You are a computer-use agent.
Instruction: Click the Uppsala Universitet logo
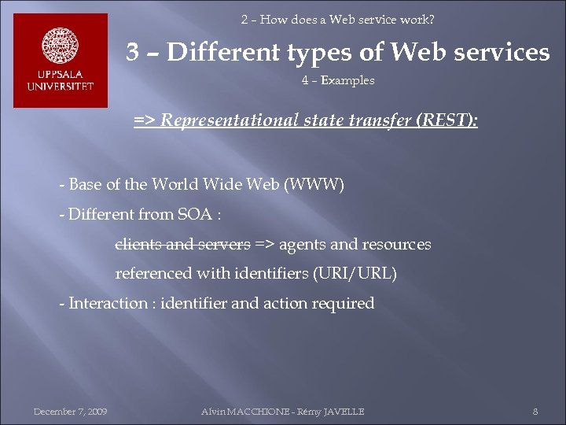pyautogui.click(x=61, y=61)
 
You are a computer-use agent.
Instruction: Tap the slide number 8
pyautogui.click(x=535, y=412)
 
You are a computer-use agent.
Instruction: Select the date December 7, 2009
pyautogui.click(x=70, y=412)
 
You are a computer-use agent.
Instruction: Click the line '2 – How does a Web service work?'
pyautogui.click(x=337, y=19)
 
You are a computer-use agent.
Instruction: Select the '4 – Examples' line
pyautogui.click(x=337, y=80)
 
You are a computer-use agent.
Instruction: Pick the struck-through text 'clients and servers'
pyautogui.click(x=183, y=244)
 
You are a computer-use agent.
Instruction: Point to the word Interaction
pyautogui.click(x=108, y=303)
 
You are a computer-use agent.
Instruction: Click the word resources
pyautogui.click(x=396, y=244)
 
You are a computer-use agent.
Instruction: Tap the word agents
pyautogui.click(x=303, y=244)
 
